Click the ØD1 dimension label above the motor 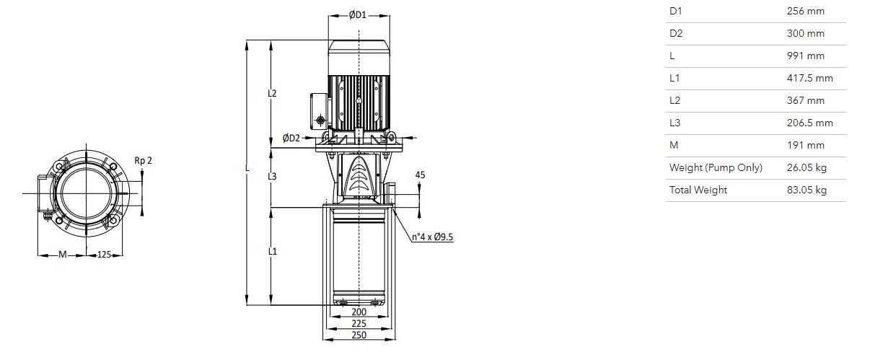coord(357,14)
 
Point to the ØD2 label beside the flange coord(291,138)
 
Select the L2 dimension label coord(272,93)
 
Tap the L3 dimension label coord(272,176)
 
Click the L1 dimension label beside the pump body coord(272,251)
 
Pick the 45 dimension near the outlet coord(420,175)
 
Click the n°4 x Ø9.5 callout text coord(432,237)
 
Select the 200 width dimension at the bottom coord(359,312)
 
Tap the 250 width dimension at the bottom coord(359,335)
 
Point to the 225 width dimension coord(359,323)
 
